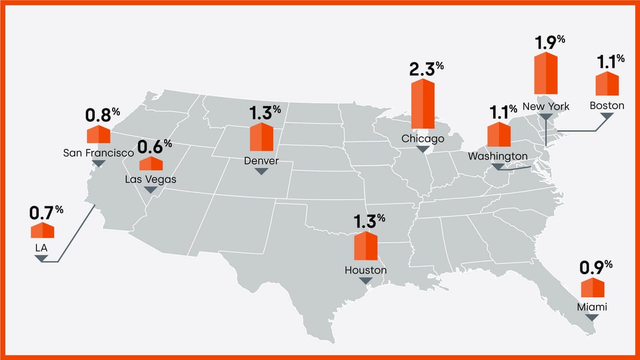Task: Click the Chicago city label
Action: (x=422, y=139)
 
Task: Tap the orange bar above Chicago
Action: (x=422, y=104)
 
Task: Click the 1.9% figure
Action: (x=550, y=42)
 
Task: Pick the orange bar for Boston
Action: (x=607, y=84)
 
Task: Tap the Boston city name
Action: (x=607, y=106)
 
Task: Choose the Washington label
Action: (x=498, y=156)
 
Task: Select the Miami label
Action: (x=591, y=307)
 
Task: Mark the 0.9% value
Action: (x=596, y=267)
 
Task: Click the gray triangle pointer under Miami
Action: (x=592, y=317)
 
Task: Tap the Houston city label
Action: (x=366, y=270)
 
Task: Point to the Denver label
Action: (x=261, y=161)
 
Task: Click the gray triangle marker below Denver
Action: (x=261, y=171)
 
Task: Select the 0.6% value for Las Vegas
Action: (x=154, y=146)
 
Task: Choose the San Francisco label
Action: (x=98, y=153)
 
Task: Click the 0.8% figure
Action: (x=102, y=114)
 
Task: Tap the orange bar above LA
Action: (x=42, y=231)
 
